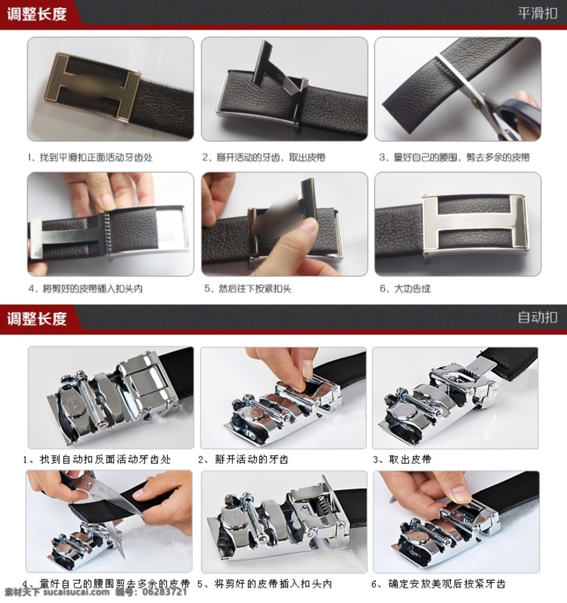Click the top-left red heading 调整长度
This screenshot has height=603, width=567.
click(37, 14)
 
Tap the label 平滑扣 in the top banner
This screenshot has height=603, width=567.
click(537, 13)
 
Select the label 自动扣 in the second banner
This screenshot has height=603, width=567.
click(537, 317)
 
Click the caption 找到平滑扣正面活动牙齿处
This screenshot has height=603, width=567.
click(96, 157)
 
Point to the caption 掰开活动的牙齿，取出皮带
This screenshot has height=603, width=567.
click(271, 157)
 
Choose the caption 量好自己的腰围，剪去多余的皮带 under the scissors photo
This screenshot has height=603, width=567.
click(462, 157)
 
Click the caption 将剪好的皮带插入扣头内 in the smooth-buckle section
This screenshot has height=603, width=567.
click(92, 288)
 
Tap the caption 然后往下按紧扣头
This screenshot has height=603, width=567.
click(255, 288)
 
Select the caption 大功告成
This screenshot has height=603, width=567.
click(412, 288)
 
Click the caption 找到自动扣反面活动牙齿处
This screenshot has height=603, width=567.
click(105, 459)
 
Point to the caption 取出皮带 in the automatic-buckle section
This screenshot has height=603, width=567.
click(410, 459)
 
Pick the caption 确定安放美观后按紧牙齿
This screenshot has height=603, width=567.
click(447, 584)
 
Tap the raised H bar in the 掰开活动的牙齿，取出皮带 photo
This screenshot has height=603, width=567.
click(264, 64)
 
